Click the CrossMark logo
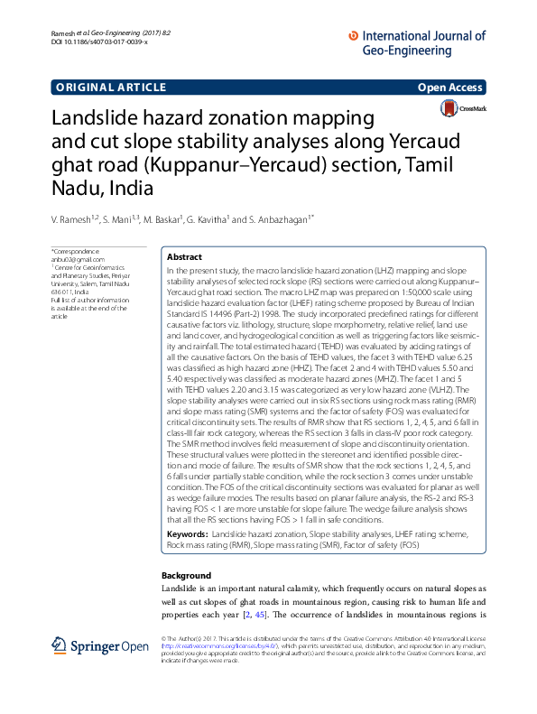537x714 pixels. click(x=461, y=108)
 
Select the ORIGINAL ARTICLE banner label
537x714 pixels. click(x=111, y=88)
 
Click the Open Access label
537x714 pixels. click(x=451, y=88)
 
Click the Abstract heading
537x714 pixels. click(x=185, y=257)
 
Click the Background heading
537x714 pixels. click(x=186, y=575)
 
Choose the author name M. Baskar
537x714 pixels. click(x=163, y=218)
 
